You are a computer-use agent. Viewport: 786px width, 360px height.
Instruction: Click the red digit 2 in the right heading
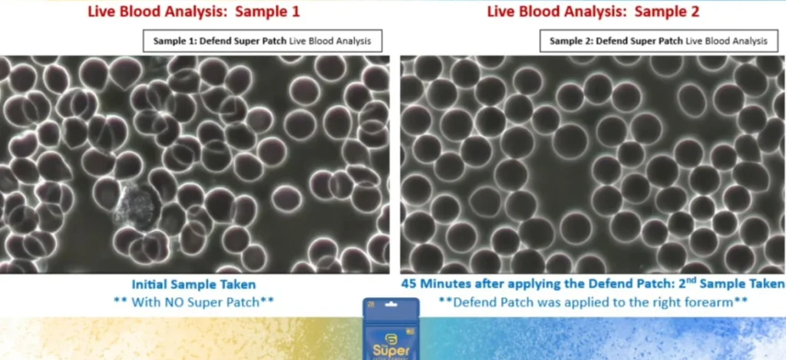point(694,12)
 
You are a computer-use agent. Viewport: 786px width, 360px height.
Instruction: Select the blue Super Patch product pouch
point(391,329)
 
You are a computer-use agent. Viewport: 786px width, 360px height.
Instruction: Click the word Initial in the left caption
point(149,285)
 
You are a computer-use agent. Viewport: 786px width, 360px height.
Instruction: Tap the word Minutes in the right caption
point(446,284)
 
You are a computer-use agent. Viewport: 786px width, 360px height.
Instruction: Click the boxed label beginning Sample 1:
point(263,41)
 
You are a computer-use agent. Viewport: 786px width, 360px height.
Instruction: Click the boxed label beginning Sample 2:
point(658,41)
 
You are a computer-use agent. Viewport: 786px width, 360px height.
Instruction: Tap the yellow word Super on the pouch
point(391,349)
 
